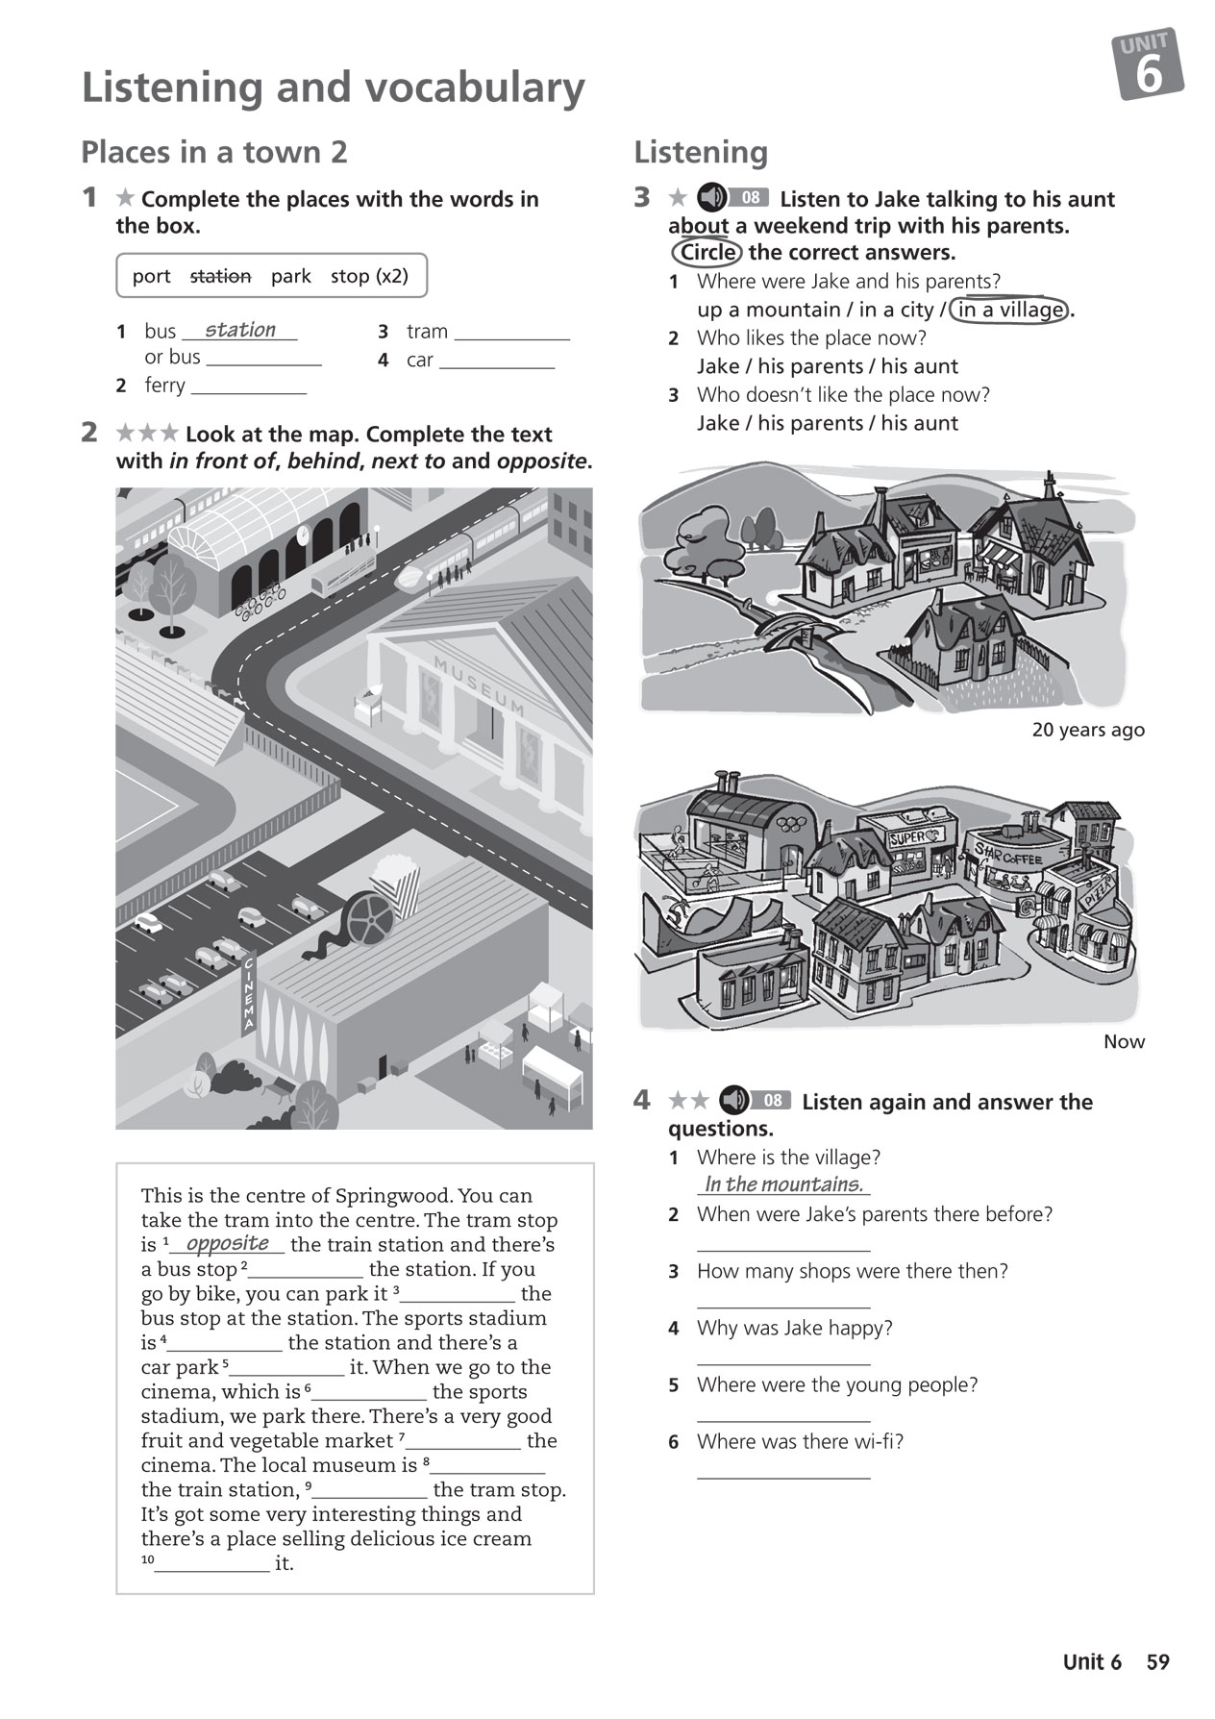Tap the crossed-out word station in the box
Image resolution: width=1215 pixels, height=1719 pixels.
(220, 277)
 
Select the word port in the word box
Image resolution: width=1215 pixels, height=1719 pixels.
(151, 277)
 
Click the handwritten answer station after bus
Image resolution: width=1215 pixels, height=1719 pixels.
(239, 330)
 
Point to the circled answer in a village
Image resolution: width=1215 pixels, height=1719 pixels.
(1009, 310)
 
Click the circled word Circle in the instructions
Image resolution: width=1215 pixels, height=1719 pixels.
(707, 253)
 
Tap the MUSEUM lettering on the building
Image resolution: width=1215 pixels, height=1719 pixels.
(479, 685)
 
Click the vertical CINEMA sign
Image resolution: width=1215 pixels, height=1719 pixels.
(248, 993)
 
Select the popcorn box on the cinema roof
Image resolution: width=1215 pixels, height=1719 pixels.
(395, 884)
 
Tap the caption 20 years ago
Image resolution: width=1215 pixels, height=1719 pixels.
(1087, 730)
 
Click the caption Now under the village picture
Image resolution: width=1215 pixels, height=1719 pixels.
(1124, 1042)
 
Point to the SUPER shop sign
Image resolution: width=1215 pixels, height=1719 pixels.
(908, 838)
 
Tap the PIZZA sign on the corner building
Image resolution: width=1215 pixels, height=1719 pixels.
(1097, 892)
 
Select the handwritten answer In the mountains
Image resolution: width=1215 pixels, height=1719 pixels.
(783, 1184)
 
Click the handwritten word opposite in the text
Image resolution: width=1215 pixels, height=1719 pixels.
(227, 1243)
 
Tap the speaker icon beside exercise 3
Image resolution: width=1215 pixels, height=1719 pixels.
(712, 198)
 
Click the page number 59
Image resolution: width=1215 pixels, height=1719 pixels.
(1157, 1662)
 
